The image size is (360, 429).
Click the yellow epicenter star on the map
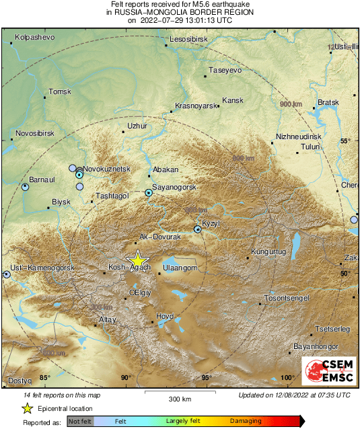(x=137, y=259)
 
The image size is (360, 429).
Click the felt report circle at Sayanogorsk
(x=149, y=193)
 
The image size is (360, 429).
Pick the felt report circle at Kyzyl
(x=197, y=230)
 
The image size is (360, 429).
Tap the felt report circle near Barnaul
(x=26, y=188)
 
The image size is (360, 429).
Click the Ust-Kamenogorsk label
(x=40, y=268)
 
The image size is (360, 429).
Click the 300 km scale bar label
(x=180, y=399)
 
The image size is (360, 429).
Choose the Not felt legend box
(x=80, y=421)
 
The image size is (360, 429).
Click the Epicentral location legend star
(x=27, y=408)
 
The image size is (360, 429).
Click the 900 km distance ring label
(x=290, y=105)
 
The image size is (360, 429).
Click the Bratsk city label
(x=328, y=102)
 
